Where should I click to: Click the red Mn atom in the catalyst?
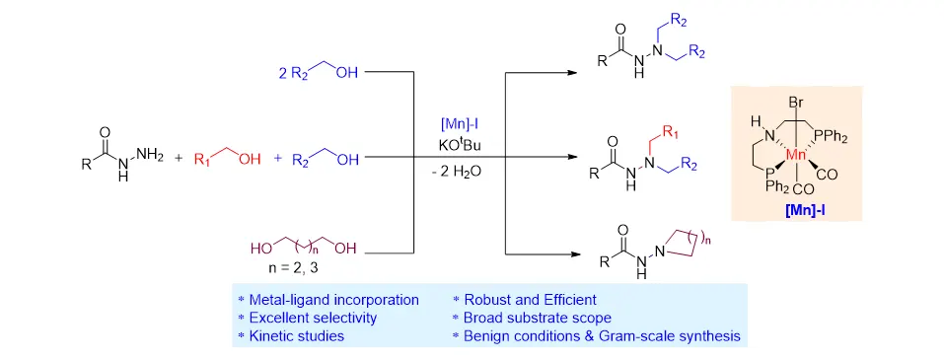tap(798, 155)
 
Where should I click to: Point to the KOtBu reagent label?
tap(460, 146)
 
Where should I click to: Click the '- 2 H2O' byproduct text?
tap(460, 172)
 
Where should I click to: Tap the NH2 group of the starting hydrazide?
tap(149, 155)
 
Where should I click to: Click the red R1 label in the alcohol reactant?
tap(203, 160)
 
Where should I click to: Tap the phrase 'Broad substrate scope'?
tap(538, 318)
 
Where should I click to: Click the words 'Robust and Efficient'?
tap(530, 299)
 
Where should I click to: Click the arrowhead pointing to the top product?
tap(571, 73)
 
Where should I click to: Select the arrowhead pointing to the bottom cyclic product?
tap(571, 253)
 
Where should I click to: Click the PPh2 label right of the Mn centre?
tap(833, 138)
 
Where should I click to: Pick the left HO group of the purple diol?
tap(260, 249)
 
